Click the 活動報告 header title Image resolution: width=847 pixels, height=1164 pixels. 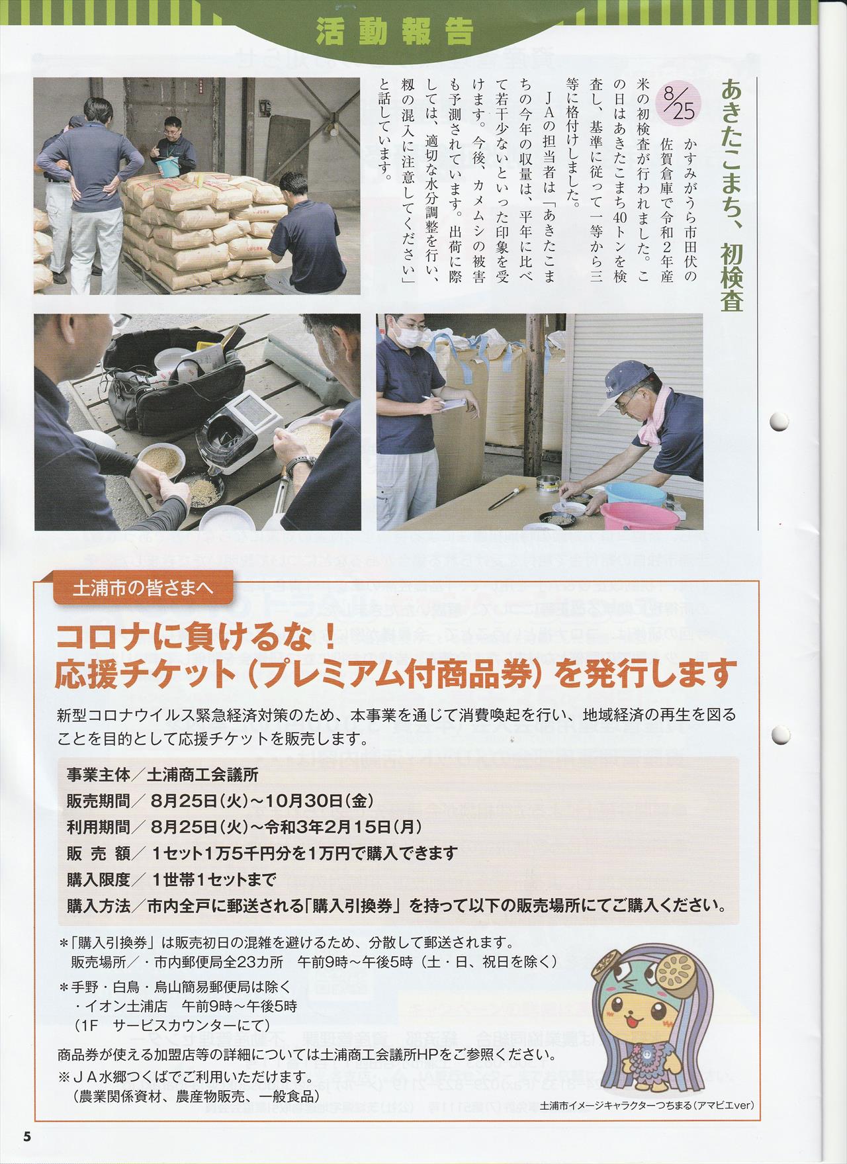coord(395,30)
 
